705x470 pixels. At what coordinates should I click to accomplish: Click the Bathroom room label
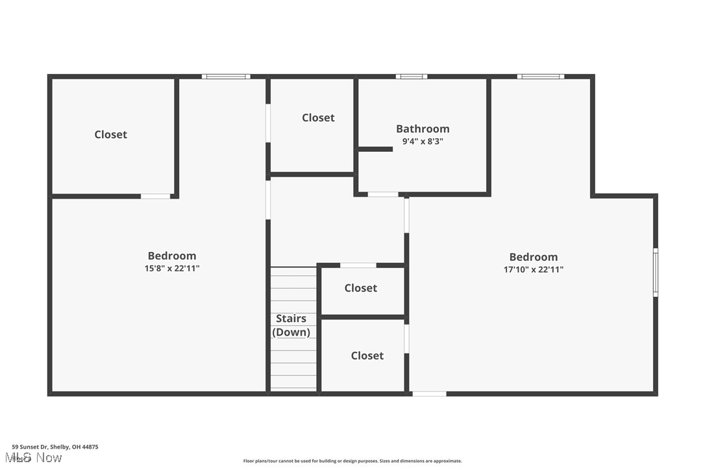coord(423,129)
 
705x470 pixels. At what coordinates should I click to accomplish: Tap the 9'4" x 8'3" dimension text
coord(423,141)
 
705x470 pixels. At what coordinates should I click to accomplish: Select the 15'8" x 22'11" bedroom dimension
coord(171,268)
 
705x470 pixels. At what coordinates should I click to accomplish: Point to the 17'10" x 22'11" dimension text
coord(533,269)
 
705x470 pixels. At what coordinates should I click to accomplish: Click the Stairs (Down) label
coord(291,325)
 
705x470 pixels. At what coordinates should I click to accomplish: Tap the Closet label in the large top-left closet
coord(110,134)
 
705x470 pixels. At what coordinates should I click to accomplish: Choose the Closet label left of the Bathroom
coord(318,117)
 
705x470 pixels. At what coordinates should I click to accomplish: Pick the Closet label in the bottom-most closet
coord(367,356)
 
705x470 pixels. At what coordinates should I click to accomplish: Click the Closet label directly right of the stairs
coord(360,288)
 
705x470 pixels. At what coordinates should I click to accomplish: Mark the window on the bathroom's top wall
coord(411,77)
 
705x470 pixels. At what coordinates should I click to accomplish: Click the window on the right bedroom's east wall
coord(655,272)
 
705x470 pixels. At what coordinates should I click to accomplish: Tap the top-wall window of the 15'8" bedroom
coord(225,77)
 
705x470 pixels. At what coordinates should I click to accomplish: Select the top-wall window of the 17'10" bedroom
coord(540,77)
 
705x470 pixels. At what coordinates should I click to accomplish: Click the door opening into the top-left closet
coord(156,195)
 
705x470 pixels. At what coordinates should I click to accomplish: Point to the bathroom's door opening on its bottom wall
coord(383,194)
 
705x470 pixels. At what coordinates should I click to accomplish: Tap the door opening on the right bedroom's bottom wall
coord(429,393)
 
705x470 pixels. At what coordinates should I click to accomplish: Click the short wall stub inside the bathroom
coord(375,149)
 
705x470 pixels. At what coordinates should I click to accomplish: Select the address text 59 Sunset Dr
coord(55,447)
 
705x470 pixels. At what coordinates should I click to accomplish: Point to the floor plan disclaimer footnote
coord(352,461)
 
